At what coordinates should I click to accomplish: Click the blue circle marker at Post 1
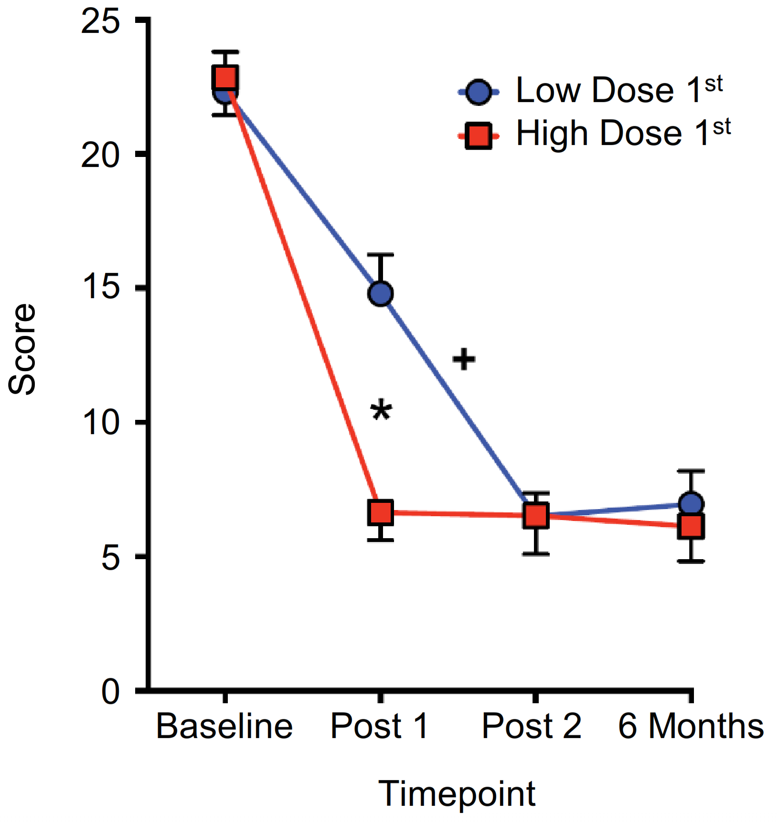point(381,293)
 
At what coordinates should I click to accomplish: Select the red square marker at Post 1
point(381,513)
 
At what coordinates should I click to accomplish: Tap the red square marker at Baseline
point(225,78)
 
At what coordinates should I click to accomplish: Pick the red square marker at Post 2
point(536,515)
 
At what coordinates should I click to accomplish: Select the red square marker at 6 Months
point(691,527)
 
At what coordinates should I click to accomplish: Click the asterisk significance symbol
point(381,410)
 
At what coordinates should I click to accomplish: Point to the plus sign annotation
point(464,359)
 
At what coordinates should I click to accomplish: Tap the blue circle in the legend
point(479,92)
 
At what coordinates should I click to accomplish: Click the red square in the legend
point(479,136)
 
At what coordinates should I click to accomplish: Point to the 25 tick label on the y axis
point(100,21)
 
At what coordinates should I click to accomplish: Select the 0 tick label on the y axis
point(110,691)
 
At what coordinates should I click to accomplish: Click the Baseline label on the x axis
point(224,727)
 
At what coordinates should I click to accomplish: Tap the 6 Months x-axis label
point(691,727)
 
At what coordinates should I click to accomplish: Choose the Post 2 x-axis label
point(532,727)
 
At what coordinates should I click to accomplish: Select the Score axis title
point(22,349)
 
